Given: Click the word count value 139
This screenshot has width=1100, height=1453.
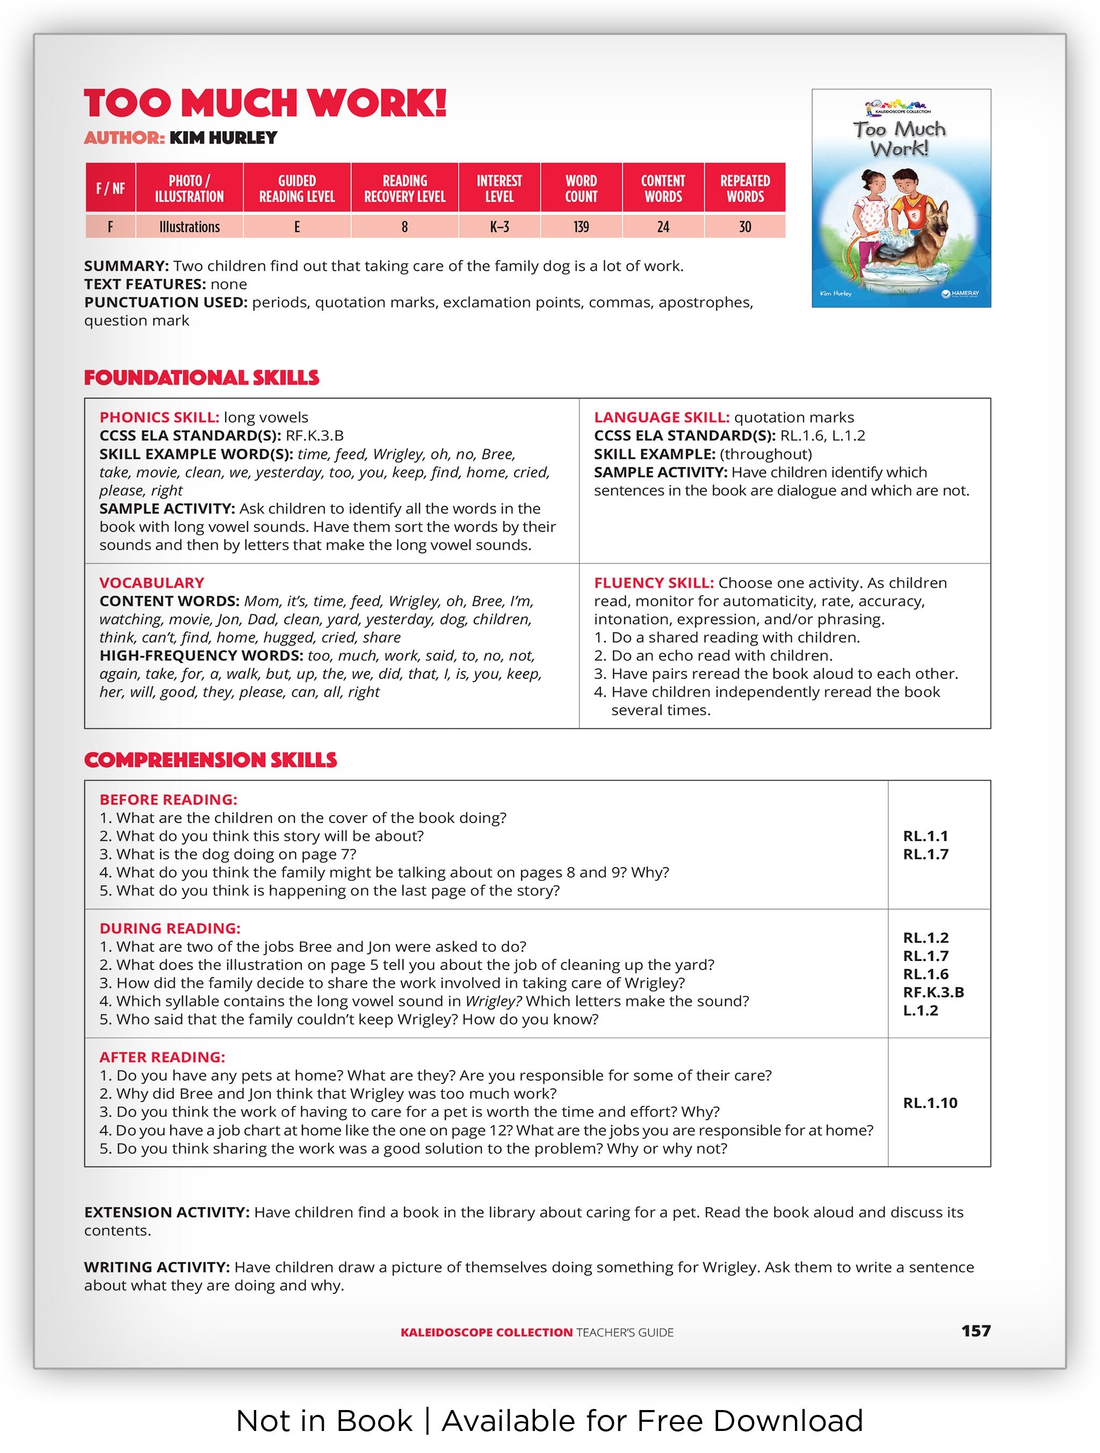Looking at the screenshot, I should point(581,227).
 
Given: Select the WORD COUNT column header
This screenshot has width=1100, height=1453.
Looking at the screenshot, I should point(581,188).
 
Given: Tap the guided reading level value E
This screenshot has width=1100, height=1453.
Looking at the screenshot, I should point(297,227).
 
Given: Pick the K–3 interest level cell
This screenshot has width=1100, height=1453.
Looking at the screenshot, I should point(499,227).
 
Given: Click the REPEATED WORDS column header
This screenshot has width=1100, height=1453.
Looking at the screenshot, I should point(745,188).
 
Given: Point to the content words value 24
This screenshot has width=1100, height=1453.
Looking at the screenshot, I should point(663,227).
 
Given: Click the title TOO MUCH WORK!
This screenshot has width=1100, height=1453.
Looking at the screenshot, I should point(265,103).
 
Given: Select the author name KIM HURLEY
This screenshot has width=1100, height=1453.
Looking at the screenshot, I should point(223,138).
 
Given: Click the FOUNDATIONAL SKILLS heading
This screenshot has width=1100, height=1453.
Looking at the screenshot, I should point(201,378).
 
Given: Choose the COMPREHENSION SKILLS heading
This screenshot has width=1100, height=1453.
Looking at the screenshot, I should point(210,760).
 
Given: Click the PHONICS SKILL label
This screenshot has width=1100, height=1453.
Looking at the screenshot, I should point(159,417).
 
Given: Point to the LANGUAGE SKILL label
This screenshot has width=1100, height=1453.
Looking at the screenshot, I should point(661,417).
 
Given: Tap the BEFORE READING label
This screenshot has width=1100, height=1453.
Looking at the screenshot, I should point(168,799).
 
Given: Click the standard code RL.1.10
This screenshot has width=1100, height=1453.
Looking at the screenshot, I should point(930,1102).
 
